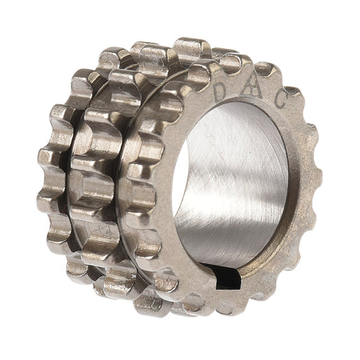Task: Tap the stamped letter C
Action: (x=280, y=101)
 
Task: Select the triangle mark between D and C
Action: (x=251, y=87)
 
